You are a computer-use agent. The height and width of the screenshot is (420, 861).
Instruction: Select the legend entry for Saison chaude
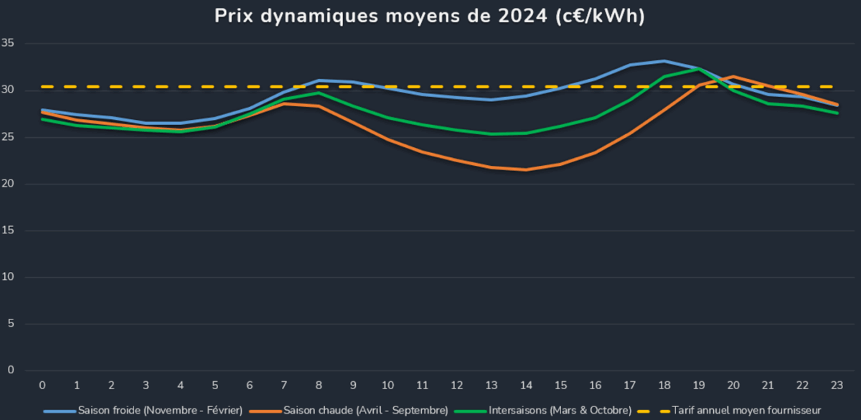(x=366, y=411)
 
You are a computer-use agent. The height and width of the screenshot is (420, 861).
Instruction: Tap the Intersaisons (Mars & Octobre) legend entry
(x=560, y=411)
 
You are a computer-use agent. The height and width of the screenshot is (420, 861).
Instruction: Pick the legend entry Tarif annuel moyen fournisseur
(x=746, y=411)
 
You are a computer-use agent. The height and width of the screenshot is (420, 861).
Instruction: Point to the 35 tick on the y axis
(x=9, y=44)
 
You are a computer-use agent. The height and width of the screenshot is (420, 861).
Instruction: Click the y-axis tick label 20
(x=9, y=184)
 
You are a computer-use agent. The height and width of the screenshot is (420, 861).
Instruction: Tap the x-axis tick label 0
(x=42, y=386)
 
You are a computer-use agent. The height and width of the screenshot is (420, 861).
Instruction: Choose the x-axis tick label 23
(x=836, y=386)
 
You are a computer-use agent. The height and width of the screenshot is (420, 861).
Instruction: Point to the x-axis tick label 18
(x=664, y=386)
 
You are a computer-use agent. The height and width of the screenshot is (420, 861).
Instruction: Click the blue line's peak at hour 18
(x=664, y=61)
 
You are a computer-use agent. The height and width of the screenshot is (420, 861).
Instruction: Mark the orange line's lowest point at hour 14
(x=526, y=169)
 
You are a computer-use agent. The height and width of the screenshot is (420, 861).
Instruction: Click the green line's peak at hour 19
(x=698, y=69)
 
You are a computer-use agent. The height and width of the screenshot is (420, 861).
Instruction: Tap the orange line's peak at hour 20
(x=733, y=76)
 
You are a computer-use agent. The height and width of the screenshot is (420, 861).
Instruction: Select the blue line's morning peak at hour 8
(x=319, y=80)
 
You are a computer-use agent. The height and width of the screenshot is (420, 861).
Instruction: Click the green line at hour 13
(x=491, y=134)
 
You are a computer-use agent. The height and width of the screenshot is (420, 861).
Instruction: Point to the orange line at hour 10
(x=387, y=139)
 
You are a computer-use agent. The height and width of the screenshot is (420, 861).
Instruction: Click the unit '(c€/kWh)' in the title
(x=600, y=16)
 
